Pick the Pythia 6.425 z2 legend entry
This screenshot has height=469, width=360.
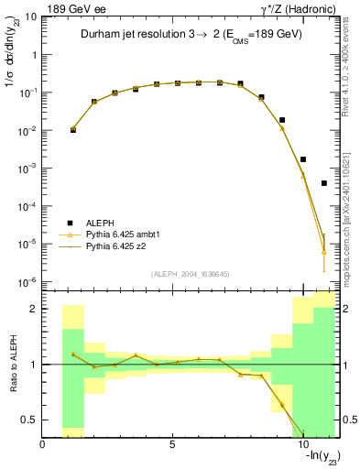(x=115, y=246)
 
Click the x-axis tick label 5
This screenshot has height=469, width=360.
(x=172, y=444)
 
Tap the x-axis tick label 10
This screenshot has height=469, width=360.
(x=301, y=444)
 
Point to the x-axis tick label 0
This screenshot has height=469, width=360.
(x=43, y=444)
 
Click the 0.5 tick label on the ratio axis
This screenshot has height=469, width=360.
(x=31, y=420)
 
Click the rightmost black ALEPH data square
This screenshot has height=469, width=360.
(x=324, y=183)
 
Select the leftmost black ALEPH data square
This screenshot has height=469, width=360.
(x=73, y=130)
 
